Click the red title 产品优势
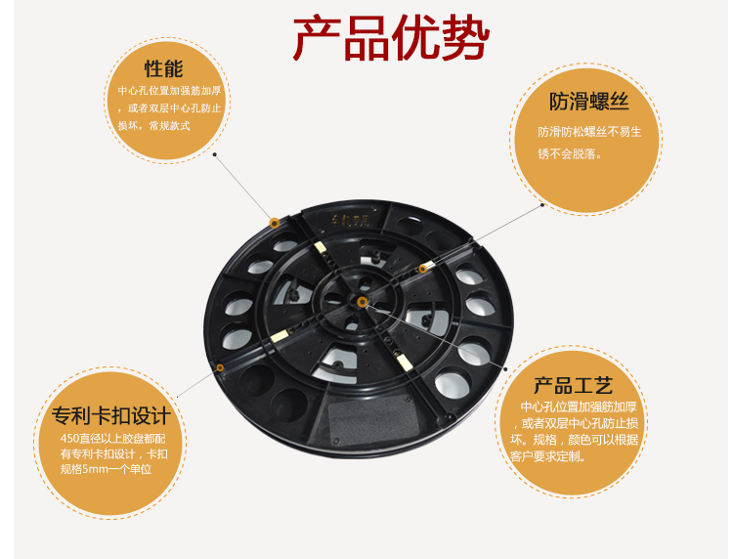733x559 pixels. click(x=391, y=37)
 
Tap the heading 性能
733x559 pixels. click(x=163, y=68)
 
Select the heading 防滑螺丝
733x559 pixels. click(x=588, y=102)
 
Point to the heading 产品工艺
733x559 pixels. click(x=573, y=386)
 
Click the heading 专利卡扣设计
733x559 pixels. click(x=111, y=415)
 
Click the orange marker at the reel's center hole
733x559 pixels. click(x=362, y=302)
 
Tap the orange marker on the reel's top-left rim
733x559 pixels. click(x=275, y=223)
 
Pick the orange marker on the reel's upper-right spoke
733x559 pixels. click(x=422, y=269)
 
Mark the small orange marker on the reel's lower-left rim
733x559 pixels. click(x=220, y=367)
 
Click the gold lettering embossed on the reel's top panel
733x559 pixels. click(x=351, y=219)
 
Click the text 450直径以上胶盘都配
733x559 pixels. click(x=113, y=439)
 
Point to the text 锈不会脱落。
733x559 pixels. click(x=570, y=153)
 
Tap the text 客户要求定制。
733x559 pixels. click(x=548, y=456)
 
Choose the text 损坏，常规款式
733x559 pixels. click(x=153, y=126)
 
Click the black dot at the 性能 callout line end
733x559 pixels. click(x=215, y=154)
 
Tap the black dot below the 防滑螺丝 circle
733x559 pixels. click(x=542, y=204)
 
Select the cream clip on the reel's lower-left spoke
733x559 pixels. click(x=280, y=335)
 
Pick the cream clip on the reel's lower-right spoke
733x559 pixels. click(x=404, y=362)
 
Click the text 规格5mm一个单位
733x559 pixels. click(x=107, y=469)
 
